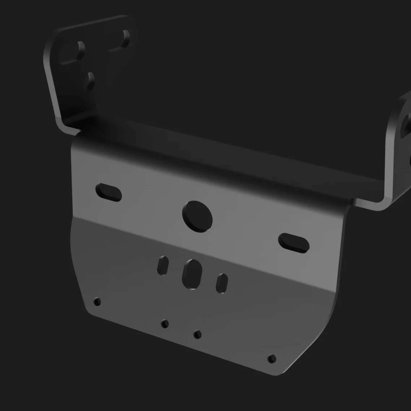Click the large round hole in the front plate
click(197, 216)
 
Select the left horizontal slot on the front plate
click(108, 192)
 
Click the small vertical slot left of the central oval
click(163, 265)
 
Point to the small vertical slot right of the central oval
click(222, 283)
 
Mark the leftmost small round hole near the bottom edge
click(97, 302)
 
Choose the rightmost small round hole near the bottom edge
click(272, 359)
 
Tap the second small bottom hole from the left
click(165, 324)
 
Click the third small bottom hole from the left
click(197, 334)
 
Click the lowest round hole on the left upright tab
click(89, 81)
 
